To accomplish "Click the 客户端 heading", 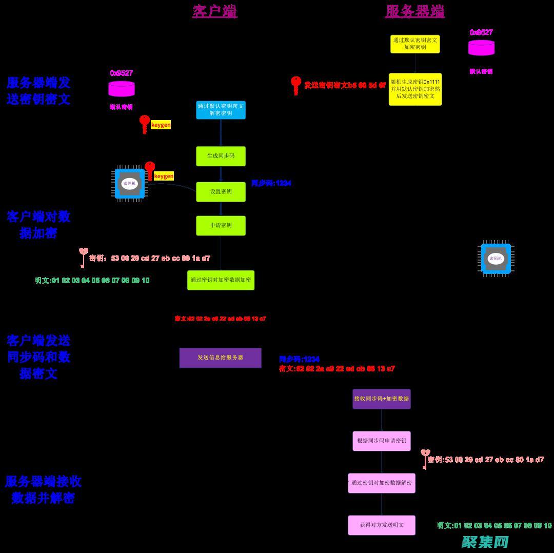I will coord(214,11).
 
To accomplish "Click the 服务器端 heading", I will coord(414,11).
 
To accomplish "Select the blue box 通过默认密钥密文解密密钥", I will coord(221,110).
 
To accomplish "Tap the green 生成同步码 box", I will coord(221,156).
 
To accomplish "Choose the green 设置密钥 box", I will coord(221,192).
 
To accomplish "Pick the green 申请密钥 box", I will coord(221,226).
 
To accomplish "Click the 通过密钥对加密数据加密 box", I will coord(221,280).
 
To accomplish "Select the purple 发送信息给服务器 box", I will coord(220,358).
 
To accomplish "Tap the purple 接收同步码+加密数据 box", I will coord(381,399).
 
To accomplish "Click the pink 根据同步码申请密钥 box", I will coord(381,441).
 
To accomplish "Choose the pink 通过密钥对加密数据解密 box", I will coord(381,483).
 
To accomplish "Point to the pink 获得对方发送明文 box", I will coord(381,525).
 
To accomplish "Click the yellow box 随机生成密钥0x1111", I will coord(415,89).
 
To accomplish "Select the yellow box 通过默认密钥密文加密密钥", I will coord(415,44).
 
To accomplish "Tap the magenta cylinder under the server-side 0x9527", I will coord(481,48).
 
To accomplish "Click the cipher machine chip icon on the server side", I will coord(496,259).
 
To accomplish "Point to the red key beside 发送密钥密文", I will coord(295,85).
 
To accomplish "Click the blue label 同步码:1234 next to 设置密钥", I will coord(271,183).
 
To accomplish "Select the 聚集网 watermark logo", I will coord(485,542).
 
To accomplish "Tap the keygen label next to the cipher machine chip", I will coord(164,176).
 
